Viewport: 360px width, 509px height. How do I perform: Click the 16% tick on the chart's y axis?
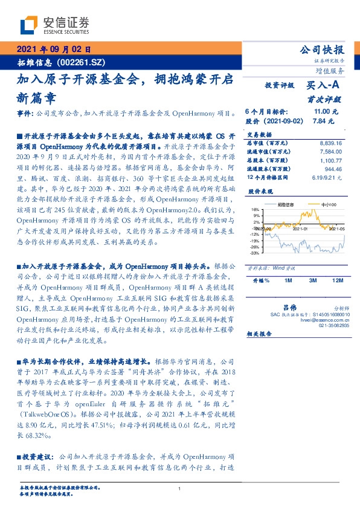pos(256,209)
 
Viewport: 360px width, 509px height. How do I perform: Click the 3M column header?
pos(313,280)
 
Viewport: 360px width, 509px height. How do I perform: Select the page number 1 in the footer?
pos(180,488)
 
